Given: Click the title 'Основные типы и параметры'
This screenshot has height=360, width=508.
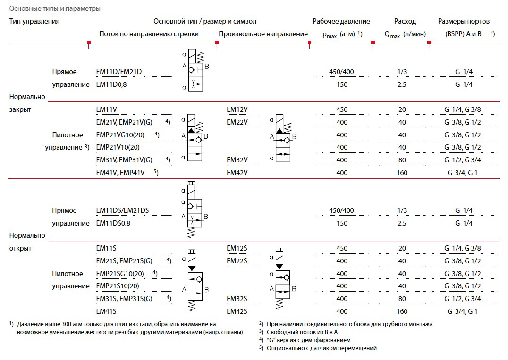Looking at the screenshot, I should coord(55,8).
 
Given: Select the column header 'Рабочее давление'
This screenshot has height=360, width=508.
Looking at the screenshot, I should coord(341,21).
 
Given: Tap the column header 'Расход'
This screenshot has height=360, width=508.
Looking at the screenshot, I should coord(405,21).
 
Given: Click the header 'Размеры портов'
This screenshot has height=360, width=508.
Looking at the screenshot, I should coord(464,21).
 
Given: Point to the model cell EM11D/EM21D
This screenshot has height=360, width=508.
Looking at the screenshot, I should coord(119,72).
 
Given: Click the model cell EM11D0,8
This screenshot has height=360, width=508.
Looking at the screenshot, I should coord(112,84).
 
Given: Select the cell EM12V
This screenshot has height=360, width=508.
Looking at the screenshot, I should coord(237,109).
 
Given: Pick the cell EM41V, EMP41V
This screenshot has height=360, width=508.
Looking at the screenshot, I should coord(120,173).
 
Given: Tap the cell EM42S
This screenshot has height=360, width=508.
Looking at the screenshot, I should coord(237,311).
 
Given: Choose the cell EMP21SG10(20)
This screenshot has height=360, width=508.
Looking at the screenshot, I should coord(119,274).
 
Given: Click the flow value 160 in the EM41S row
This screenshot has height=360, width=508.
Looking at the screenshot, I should coord(402,311).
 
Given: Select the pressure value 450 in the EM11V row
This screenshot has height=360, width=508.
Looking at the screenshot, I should coord(341,109).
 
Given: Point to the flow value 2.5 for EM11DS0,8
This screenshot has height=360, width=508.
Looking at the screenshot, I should coord(402,223).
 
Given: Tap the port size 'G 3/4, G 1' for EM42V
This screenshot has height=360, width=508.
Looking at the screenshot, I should coord(463,173).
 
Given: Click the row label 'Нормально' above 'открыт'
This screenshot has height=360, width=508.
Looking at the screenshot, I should coord(27,235).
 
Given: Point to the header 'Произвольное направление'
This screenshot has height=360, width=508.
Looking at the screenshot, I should coord(263,34).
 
